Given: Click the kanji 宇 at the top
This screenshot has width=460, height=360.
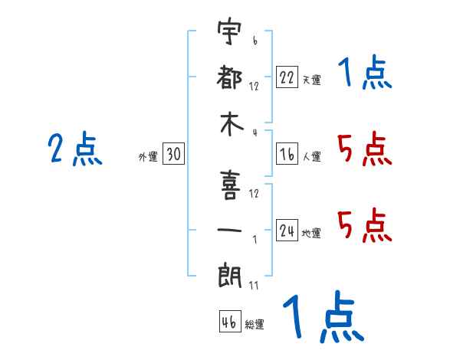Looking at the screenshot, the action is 229,31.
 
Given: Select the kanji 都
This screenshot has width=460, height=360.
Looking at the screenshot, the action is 229,77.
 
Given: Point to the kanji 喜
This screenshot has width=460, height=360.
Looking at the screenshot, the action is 230,185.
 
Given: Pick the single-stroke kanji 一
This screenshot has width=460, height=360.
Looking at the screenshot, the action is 230,230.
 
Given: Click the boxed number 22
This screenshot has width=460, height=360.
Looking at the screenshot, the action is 287,77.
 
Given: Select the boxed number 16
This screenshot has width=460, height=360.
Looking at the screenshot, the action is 287,153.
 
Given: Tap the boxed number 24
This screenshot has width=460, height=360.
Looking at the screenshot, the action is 287,230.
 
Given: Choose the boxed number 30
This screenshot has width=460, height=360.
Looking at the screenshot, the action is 173,153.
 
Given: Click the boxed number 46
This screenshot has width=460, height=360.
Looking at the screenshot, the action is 230,321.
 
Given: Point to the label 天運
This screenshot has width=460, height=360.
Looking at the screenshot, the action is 312,80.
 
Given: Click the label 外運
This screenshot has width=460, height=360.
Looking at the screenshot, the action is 148,156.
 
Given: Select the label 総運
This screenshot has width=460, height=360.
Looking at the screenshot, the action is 255,325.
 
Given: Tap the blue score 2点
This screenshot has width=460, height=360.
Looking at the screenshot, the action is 75,149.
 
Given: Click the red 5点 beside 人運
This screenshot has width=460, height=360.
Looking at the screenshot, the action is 365,149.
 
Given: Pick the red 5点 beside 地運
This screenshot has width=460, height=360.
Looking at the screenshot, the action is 365,225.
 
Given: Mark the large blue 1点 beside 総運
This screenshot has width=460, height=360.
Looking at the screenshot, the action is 324,316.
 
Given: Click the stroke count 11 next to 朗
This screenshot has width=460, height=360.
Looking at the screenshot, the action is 254,285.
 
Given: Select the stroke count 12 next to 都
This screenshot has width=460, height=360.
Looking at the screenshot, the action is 254,87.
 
